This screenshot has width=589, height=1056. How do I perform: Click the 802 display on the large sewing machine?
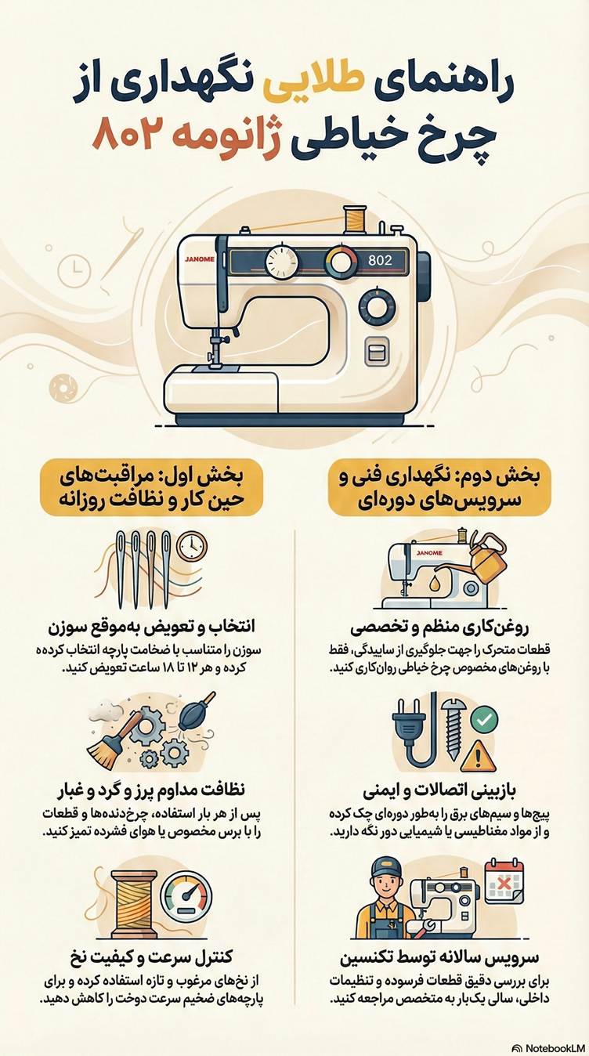coord(379,260)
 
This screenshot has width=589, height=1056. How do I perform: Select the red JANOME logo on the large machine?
coord(201,258)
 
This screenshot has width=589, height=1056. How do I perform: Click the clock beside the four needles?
coord(192,546)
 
